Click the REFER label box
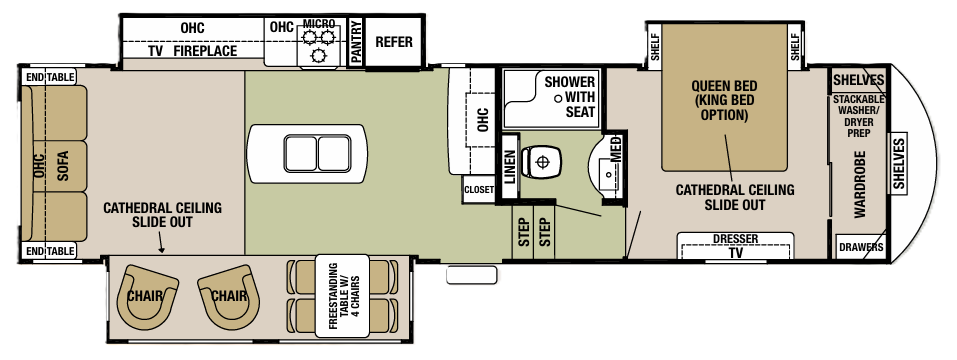pos(393,43)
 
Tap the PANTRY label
pos(354,44)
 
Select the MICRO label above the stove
pos(318,23)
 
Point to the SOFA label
pos(62,164)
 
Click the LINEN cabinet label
pos(510,165)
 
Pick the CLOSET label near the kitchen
pos(478,189)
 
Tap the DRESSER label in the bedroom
pos(736,239)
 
